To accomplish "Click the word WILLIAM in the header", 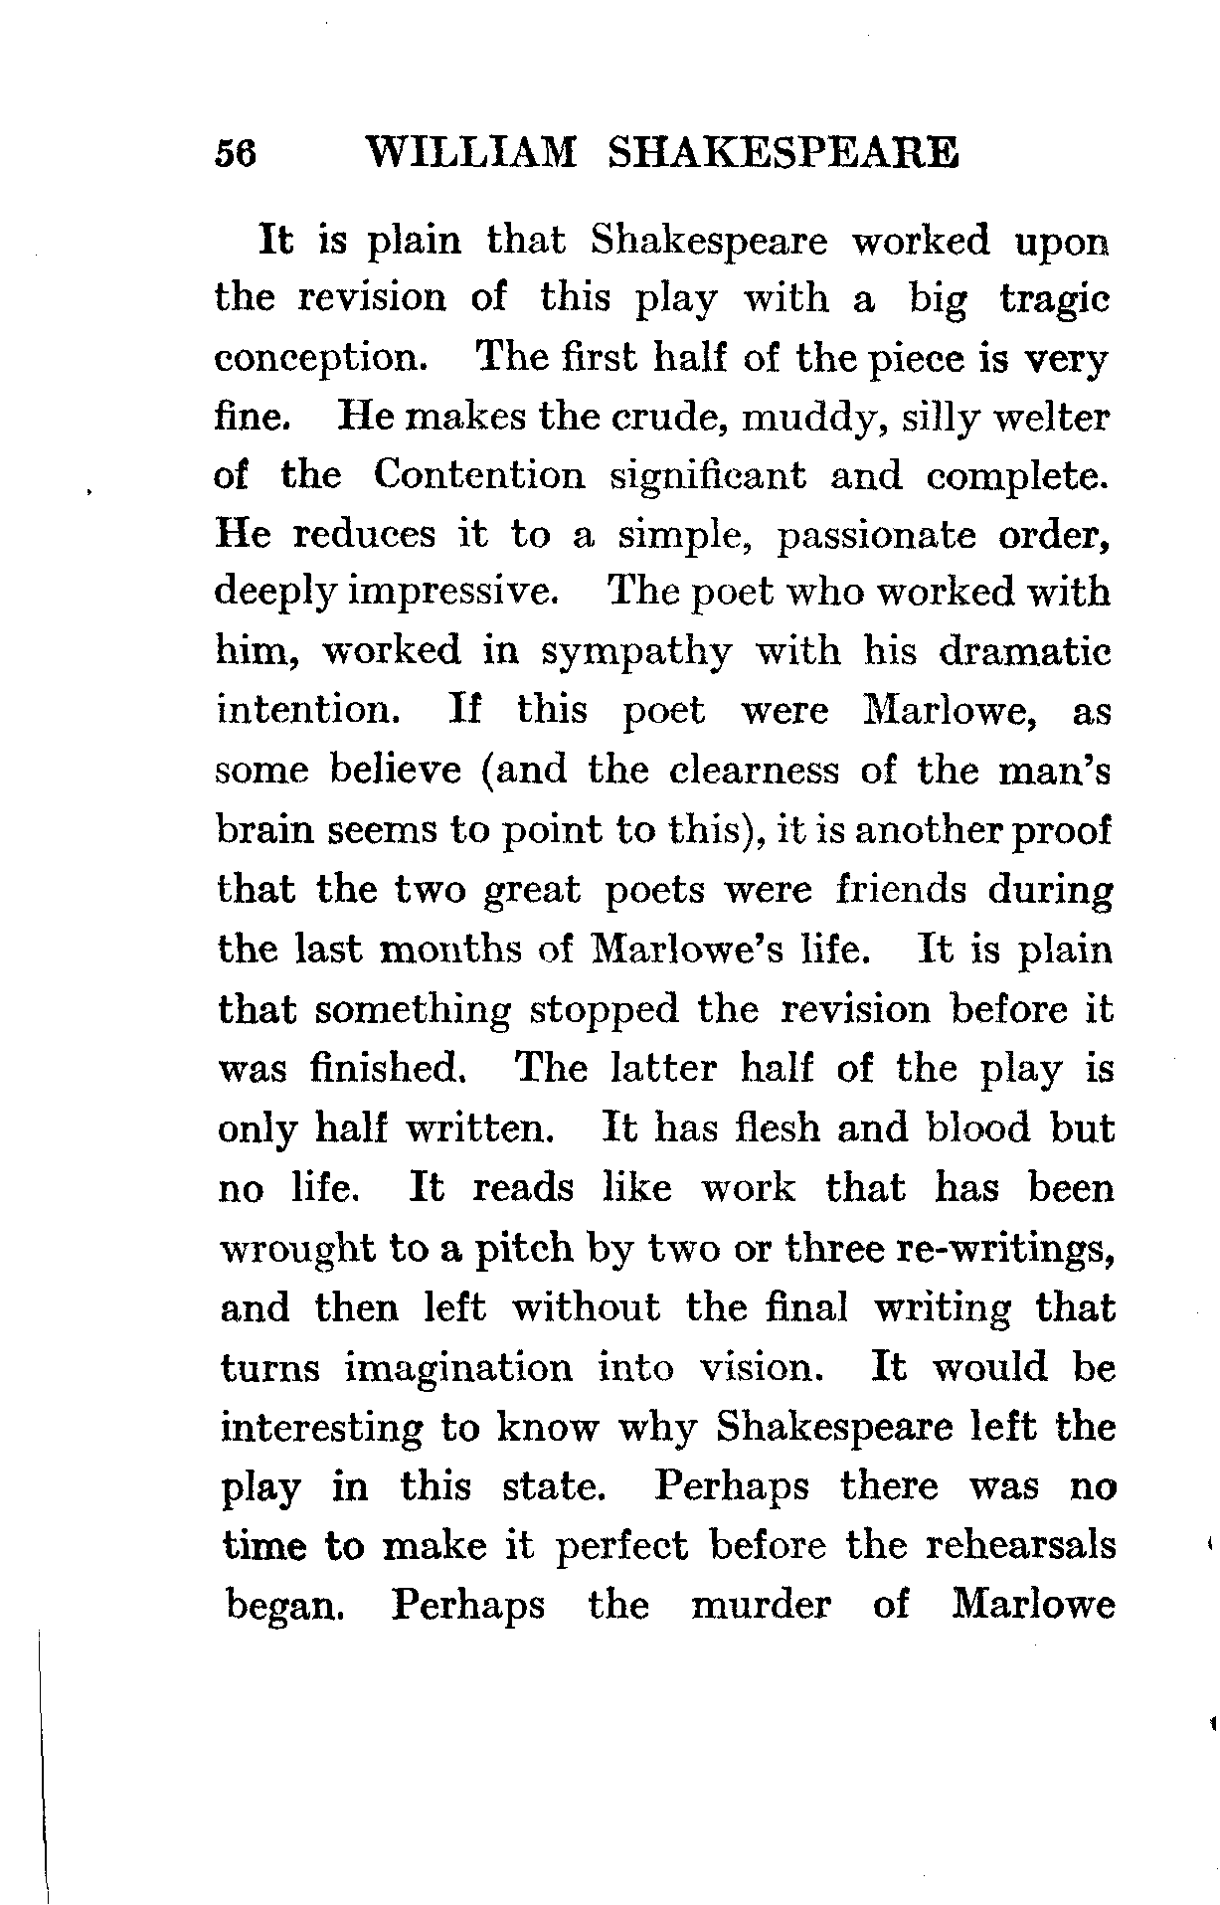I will click(x=470, y=154).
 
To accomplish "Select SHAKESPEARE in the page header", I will click(x=783, y=154).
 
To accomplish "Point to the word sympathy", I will click(x=636, y=653).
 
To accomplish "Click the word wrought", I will click(x=295, y=1249).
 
